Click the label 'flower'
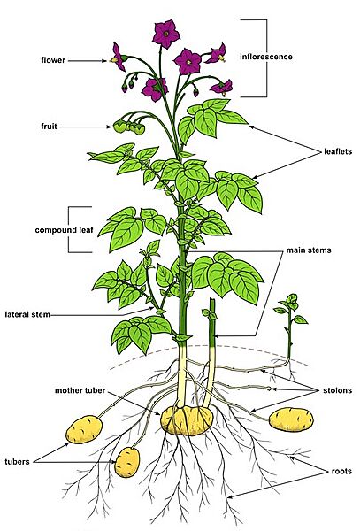click(x=53, y=60)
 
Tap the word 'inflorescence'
click(x=266, y=57)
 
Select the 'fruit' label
click(x=49, y=127)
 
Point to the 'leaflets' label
click(x=338, y=151)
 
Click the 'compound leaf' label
click(x=64, y=230)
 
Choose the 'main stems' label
click(x=308, y=250)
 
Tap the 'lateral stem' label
click(x=27, y=314)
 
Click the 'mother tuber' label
click(x=80, y=390)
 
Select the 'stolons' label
click(x=337, y=390)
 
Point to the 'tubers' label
click(x=17, y=462)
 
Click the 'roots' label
click(x=341, y=471)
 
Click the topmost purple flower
click(x=165, y=34)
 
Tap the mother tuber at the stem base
click(x=187, y=420)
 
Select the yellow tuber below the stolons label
click(x=291, y=419)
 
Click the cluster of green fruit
click(x=129, y=127)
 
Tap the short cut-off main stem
click(x=211, y=352)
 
